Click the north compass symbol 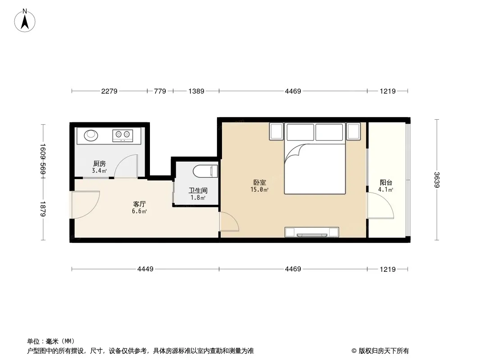coord(26,20)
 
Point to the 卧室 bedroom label coord(259,183)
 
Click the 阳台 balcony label coord(386,183)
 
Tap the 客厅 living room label coord(139,204)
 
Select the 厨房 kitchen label coord(99,164)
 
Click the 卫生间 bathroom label coord(198,191)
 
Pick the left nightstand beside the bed coord(276,131)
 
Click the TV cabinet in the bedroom coord(312,232)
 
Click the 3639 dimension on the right coord(436,180)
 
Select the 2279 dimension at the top coord(109,91)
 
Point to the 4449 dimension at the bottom coord(145,269)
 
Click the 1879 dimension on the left coord(43,208)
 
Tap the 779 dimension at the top coord(160,91)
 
